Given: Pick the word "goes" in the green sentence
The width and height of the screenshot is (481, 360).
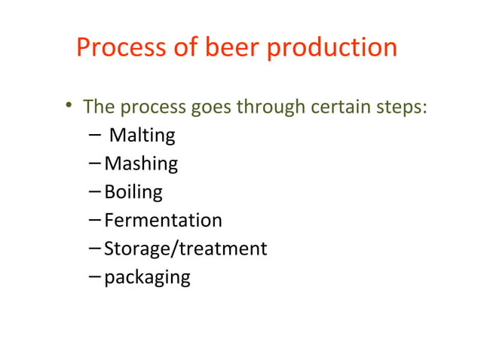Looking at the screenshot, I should tap(212, 107).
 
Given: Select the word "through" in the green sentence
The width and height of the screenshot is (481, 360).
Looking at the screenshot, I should tap(269, 107).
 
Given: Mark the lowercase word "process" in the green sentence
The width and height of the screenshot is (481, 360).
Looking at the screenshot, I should tap(150, 107).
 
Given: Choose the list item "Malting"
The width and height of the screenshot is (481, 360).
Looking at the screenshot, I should tap(142, 136).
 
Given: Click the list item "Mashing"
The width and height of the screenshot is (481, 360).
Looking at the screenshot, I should tap(141, 163).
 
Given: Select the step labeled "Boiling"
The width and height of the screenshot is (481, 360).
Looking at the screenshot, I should tap(133, 192).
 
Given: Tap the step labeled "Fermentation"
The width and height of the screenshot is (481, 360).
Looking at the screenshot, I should tap(163, 221).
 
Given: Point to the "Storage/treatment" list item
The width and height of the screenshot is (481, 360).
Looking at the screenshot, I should tap(185, 249).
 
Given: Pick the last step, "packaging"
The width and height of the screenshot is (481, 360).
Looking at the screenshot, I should tap(147, 277).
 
